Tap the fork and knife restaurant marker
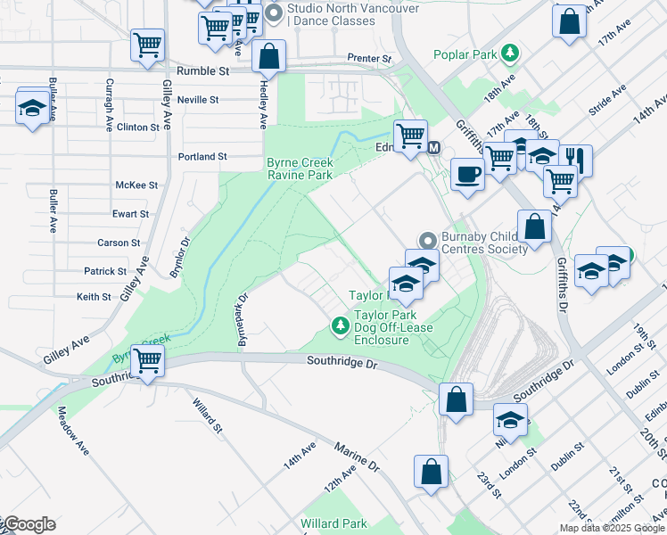(576, 160)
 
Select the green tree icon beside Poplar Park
(509, 53)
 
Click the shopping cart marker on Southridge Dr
(149, 361)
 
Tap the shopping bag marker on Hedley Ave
(268, 56)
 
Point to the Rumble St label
(203, 70)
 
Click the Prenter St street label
(369, 59)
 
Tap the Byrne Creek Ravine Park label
(300, 169)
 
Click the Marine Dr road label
(357, 455)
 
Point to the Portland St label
(202, 156)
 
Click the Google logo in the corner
(29, 524)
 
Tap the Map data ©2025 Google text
(612, 528)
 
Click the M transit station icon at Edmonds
(434, 147)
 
